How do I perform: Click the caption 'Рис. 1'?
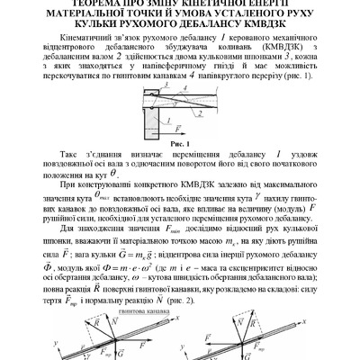coord(179,142)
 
